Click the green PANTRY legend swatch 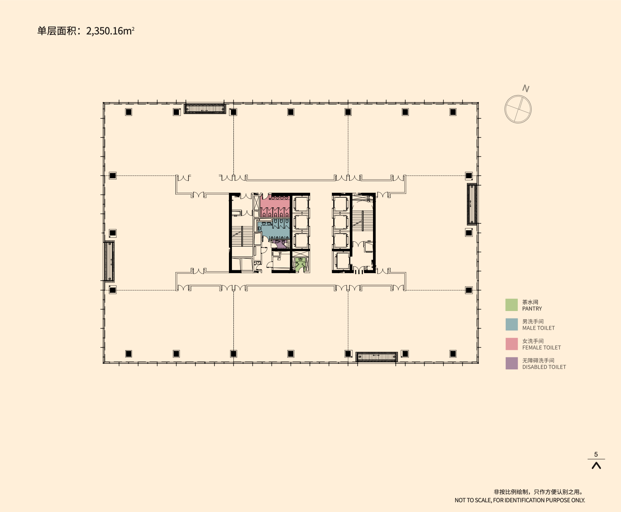click(511, 305)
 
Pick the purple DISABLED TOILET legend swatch click(511, 363)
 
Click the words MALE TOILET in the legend click(538, 328)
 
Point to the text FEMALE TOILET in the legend click(541, 348)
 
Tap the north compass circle click(518, 109)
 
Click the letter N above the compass click(526, 89)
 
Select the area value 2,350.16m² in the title click(110, 31)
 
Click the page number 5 click(596, 454)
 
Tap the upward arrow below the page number click(596, 466)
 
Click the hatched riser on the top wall click(205, 109)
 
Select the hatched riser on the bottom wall click(376, 357)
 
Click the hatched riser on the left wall click(109, 261)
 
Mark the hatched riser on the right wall click(472, 204)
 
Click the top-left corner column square click(128, 112)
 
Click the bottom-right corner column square click(453, 354)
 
